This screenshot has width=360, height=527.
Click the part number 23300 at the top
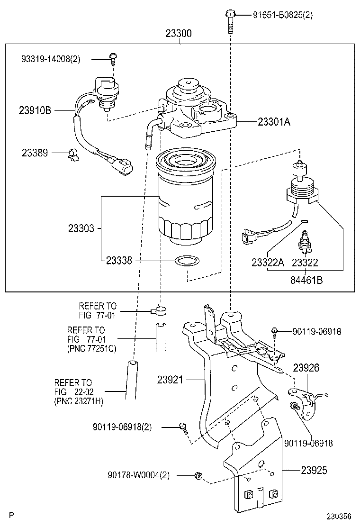pos(179,34)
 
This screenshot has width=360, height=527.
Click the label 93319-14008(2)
pos(51,59)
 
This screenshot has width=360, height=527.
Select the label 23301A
pos(274,122)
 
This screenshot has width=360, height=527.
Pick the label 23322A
pos(268,263)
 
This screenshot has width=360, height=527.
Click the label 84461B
pos(306,280)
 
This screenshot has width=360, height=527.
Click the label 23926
pos(306,367)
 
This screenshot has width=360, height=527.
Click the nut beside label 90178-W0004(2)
pos(198,475)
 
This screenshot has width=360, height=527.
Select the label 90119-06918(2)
pos(122,427)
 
